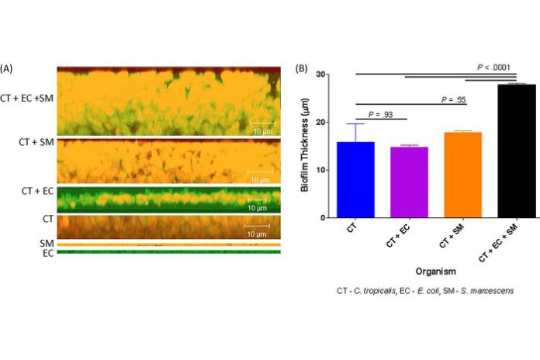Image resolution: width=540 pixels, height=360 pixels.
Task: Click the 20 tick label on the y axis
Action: click(x=339, y=123)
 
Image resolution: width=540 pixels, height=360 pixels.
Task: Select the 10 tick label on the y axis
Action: click(x=339, y=171)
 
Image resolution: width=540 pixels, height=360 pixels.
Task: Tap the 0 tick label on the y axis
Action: click(x=341, y=220)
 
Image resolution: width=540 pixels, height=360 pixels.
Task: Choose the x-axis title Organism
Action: click(x=434, y=272)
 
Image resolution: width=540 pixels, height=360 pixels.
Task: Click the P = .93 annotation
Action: click(x=381, y=114)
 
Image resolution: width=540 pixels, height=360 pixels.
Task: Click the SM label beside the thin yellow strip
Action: click(x=47, y=243)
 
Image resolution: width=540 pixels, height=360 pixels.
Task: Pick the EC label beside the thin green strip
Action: click(x=48, y=252)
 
